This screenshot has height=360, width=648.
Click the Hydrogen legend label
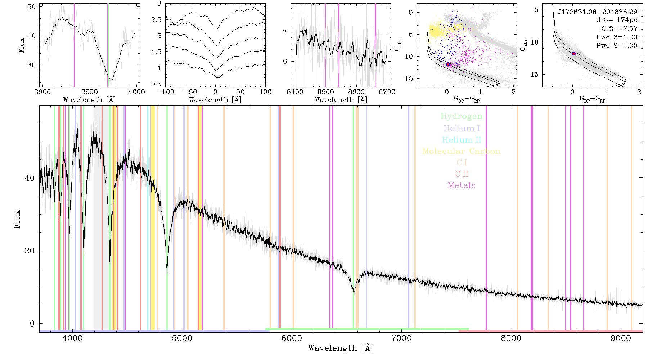462,116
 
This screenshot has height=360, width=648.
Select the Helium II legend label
462,140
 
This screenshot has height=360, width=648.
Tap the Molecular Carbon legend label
462,151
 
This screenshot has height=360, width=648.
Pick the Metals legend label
462,185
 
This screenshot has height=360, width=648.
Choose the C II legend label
462,174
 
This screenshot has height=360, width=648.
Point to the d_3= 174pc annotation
617,20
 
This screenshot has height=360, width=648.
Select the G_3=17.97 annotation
619,28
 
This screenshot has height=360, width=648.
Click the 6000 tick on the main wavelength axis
292,338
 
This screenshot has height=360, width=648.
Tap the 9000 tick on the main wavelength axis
621,338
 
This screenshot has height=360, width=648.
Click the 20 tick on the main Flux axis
30,251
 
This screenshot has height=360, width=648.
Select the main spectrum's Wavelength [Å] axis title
341,348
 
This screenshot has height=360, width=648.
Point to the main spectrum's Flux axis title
17,219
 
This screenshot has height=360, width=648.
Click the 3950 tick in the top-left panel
90,91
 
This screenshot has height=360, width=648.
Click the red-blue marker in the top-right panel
574,54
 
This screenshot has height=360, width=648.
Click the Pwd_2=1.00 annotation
617,45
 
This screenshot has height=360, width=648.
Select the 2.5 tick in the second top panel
156,19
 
